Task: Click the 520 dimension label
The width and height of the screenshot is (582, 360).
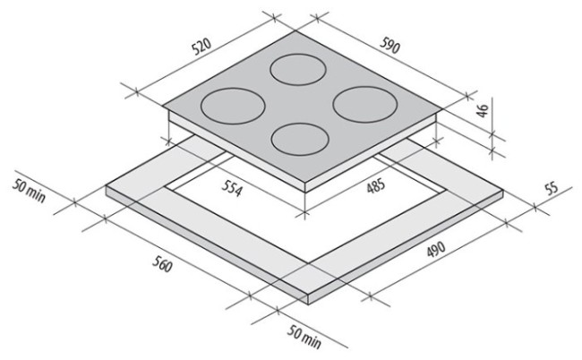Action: click(x=201, y=46)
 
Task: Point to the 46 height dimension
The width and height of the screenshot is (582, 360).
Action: click(x=482, y=111)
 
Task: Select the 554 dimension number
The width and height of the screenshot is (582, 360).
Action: click(x=233, y=189)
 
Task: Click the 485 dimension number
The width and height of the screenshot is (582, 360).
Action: click(x=376, y=185)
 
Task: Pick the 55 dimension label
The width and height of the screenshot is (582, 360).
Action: click(x=552, y=188)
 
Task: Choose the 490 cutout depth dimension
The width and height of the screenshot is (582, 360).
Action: click(x=436, y=249)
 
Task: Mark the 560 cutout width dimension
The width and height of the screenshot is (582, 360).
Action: click(x=162, y=264)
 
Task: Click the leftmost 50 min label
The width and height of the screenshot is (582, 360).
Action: click(x=29, y=191)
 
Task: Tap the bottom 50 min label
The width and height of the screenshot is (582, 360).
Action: click(x=304, y=337)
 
